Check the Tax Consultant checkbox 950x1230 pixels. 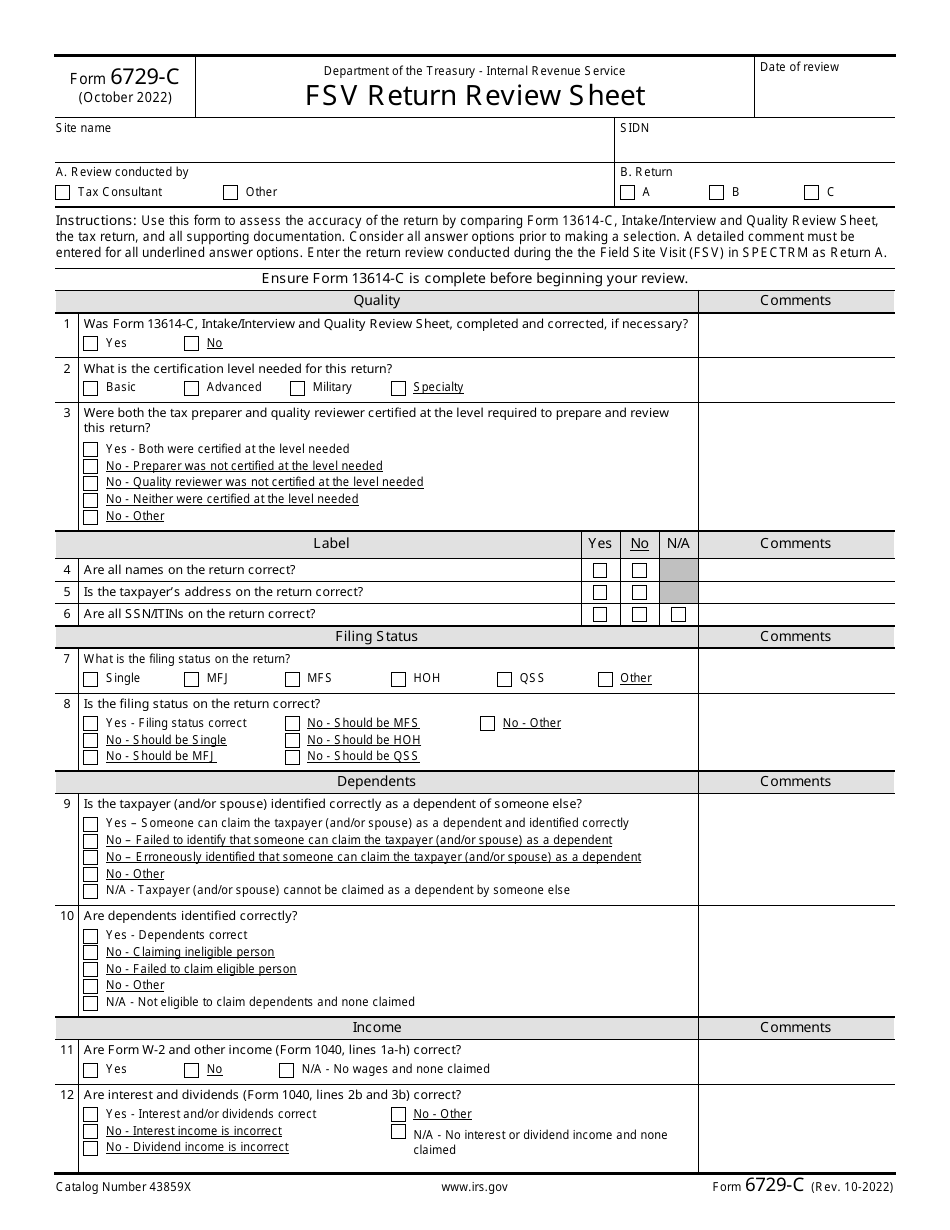(63, 192)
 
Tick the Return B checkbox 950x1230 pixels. (717, 192)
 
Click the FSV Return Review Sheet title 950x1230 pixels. (475, 95)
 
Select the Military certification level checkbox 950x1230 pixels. (298, 388)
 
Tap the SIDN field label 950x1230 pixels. (634, 128)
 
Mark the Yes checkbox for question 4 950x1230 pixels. (600, 570)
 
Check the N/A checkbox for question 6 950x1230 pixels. (678, 614)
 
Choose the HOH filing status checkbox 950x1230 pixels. (399, 679)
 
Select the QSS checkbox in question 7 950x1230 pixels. (505, 679)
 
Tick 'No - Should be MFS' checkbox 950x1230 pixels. (292, 723)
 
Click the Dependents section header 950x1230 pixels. (376, 781)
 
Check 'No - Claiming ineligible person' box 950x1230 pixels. (91, 953)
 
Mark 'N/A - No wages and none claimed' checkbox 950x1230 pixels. (287, 1070)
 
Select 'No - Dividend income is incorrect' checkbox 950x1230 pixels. (91, 1148)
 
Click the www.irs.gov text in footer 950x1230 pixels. (474, 1187)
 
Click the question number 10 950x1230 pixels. (67, 916)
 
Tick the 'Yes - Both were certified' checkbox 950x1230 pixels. (91, 450)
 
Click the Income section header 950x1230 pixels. (376, 1027)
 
